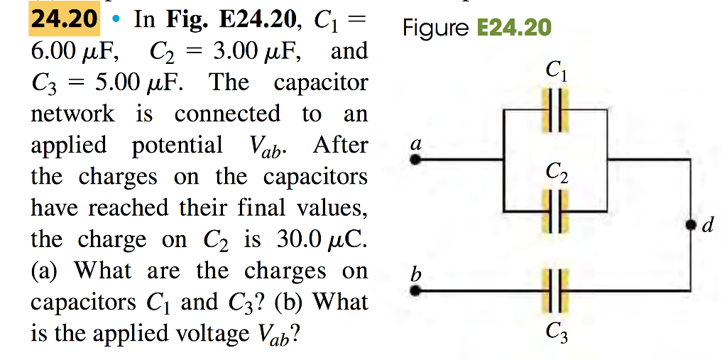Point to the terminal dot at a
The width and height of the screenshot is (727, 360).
pos(417,160)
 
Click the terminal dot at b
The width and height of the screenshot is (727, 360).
pos(417,290)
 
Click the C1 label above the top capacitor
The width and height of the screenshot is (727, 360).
pos(555,71)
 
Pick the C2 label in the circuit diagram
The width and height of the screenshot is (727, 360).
pos(555,172)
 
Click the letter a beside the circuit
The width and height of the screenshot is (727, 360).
pos(417,143)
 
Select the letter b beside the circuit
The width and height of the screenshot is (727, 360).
pos(417,272)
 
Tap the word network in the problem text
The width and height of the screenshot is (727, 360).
pos(72,114)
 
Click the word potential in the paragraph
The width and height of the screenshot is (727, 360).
pos(177,145)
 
